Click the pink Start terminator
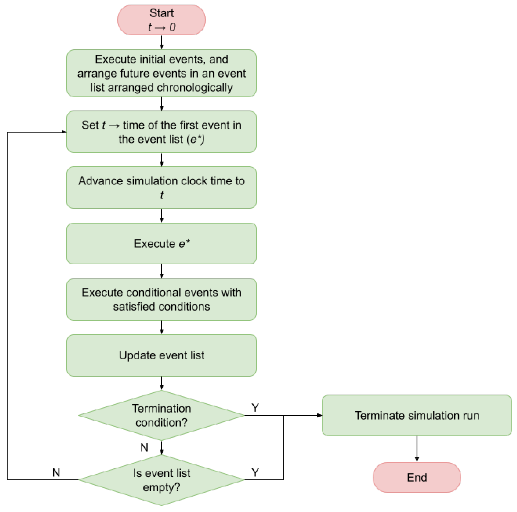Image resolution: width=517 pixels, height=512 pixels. pyautogui.click(x=161, y=20)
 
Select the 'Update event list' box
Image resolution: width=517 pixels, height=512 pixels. pyautogui.click(x=161, y=355)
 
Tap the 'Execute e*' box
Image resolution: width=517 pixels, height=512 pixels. pyautogui.click(x=161, y=243)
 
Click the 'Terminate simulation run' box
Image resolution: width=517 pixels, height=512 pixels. pyautogui.click(x=417, y=415)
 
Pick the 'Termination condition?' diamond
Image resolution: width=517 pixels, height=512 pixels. pyautogui.click(x=161, y=415)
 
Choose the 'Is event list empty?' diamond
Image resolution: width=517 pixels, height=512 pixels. pyautogui.click(x=161, y=480)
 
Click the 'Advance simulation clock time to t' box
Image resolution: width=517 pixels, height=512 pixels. pyautogui.click(x=161, y=187)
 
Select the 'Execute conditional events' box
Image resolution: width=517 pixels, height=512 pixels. pyautogui.click(x=161, y=299)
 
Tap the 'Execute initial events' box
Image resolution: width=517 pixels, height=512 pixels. pyautogui.click(x=161, y=73)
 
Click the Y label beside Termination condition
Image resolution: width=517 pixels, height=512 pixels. pyautogui.click(x=255, y=408)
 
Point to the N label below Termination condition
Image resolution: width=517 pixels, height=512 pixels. pyautogui.click(x=144, y=447)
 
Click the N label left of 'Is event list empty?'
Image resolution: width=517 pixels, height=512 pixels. pyautogui.click(x=56, y=473)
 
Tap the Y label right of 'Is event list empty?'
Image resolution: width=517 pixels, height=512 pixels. pyautogui.click(x=255, y=473)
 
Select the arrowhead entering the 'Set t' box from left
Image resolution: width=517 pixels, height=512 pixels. pyautogui.click(x=64, y=132)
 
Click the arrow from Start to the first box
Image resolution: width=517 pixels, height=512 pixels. pyautogui.click(x=161, y=42)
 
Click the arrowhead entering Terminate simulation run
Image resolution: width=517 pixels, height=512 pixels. pyautogui.click(x=319, y=415)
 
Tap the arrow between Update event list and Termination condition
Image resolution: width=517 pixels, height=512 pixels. pyautogui.click(x=161, y=383)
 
